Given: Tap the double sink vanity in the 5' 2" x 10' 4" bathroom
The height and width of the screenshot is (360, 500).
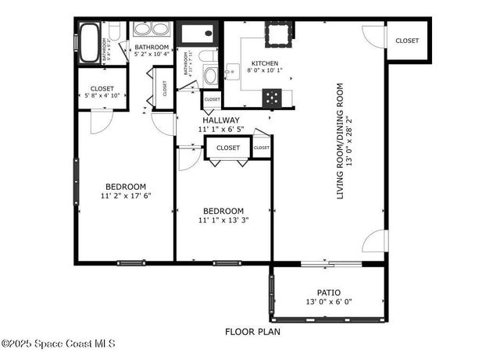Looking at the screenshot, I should (152, 30).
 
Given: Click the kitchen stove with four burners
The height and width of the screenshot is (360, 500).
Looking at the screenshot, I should (273, 97).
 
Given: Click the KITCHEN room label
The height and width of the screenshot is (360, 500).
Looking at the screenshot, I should (264, 64).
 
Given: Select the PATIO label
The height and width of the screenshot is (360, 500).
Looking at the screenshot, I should (329, 293).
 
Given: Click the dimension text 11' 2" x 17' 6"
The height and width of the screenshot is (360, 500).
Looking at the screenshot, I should (126, 195).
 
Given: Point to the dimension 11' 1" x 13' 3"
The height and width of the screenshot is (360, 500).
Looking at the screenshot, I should (223, 220).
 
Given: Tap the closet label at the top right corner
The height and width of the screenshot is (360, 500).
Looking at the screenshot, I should (406, 41).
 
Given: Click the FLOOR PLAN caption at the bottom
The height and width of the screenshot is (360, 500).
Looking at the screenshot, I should (252, 331).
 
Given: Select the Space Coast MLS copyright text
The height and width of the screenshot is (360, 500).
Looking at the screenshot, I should (59, 343).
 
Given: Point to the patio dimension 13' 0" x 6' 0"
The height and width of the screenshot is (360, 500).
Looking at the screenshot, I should (329, 302).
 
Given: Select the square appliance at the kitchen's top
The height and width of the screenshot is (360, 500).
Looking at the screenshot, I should (277, 34).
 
